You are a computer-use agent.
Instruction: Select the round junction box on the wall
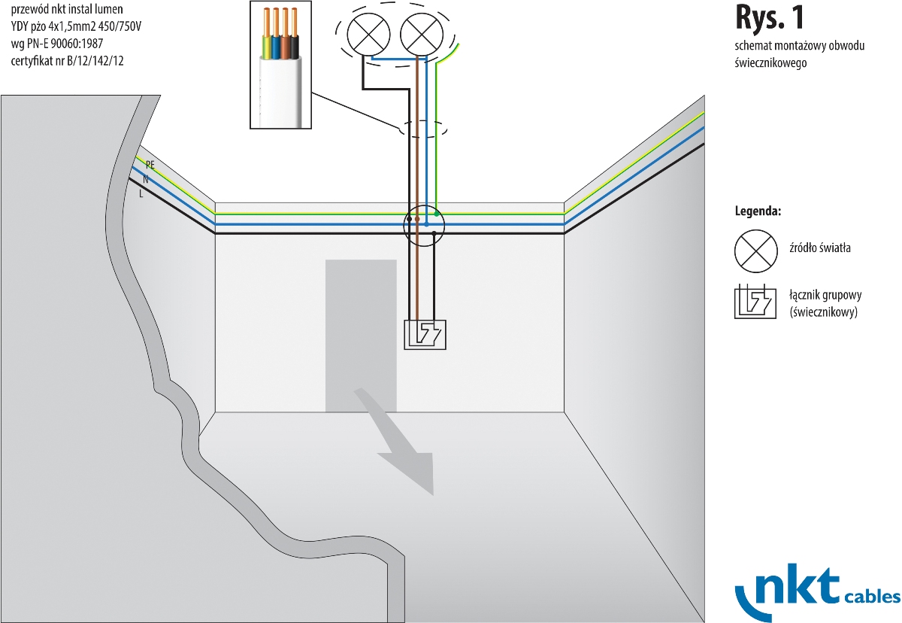[425, 224]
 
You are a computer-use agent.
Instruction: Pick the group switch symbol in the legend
[755, 301]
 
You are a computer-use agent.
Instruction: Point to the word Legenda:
[758, 211]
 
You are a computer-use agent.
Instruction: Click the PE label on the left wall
[150, 164]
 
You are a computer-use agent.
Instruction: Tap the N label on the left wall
[145, 179]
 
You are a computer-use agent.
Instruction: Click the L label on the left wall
[141, 193]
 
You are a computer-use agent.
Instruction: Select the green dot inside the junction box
[436, 214]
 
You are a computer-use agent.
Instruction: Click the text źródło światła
[820, 248]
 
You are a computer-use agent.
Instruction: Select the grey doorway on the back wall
[361, 336]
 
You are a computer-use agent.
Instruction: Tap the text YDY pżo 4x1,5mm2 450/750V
[77, 27]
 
